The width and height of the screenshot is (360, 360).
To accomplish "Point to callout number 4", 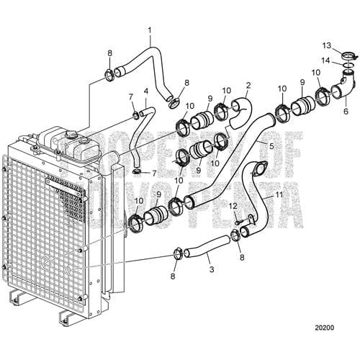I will [146, 91].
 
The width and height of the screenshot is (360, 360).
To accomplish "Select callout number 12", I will [232, 207].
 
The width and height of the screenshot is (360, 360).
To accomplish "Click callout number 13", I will [327, 45].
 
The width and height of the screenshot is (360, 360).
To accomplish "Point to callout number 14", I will [327, 60].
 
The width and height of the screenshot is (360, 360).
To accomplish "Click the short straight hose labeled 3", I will [204, 253].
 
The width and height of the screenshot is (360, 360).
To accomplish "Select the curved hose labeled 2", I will [242, 105].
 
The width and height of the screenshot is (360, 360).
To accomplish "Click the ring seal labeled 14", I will [348, 70].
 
